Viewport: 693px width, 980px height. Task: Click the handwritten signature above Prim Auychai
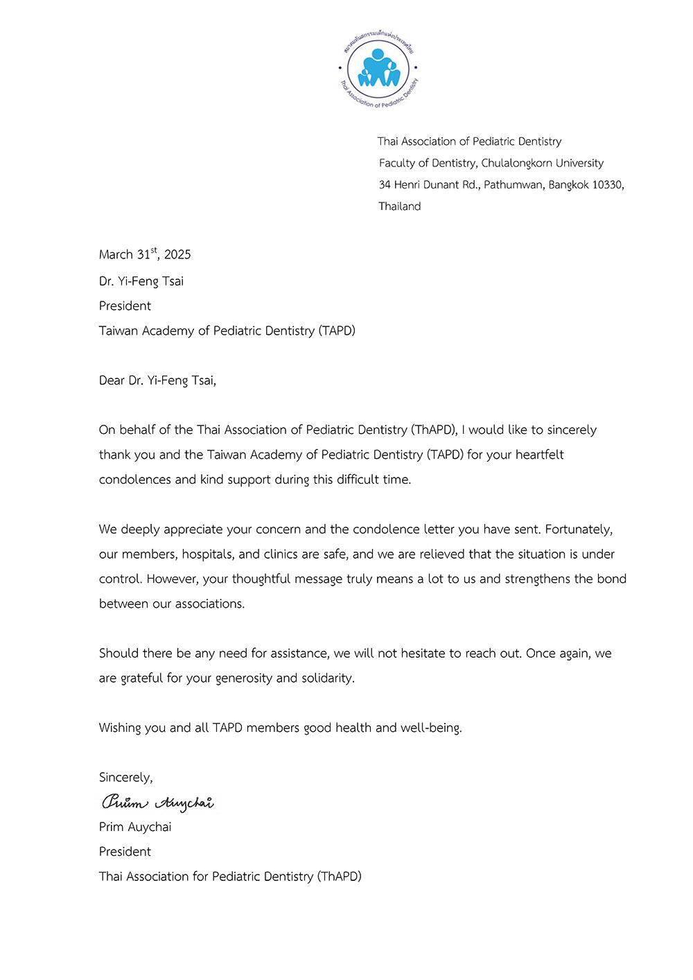[x=157, y=803]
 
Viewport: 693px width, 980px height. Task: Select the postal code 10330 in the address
[x=608, y=185]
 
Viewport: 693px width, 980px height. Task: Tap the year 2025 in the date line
[x=177, y=254]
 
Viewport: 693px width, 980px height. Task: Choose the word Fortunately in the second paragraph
[x=579, y=530]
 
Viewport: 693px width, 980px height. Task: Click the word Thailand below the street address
[x=400, y=207]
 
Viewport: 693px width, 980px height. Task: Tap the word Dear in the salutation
[x=112, y=380]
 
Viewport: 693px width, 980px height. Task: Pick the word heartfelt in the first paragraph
[x=539, y=455]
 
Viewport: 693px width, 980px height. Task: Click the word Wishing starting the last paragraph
[x=119, y=728]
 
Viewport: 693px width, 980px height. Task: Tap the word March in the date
[x=116, y=254]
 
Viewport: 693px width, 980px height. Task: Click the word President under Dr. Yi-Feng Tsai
[x=125, y=306]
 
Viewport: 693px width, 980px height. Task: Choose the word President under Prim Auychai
[x=125, y=852]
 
